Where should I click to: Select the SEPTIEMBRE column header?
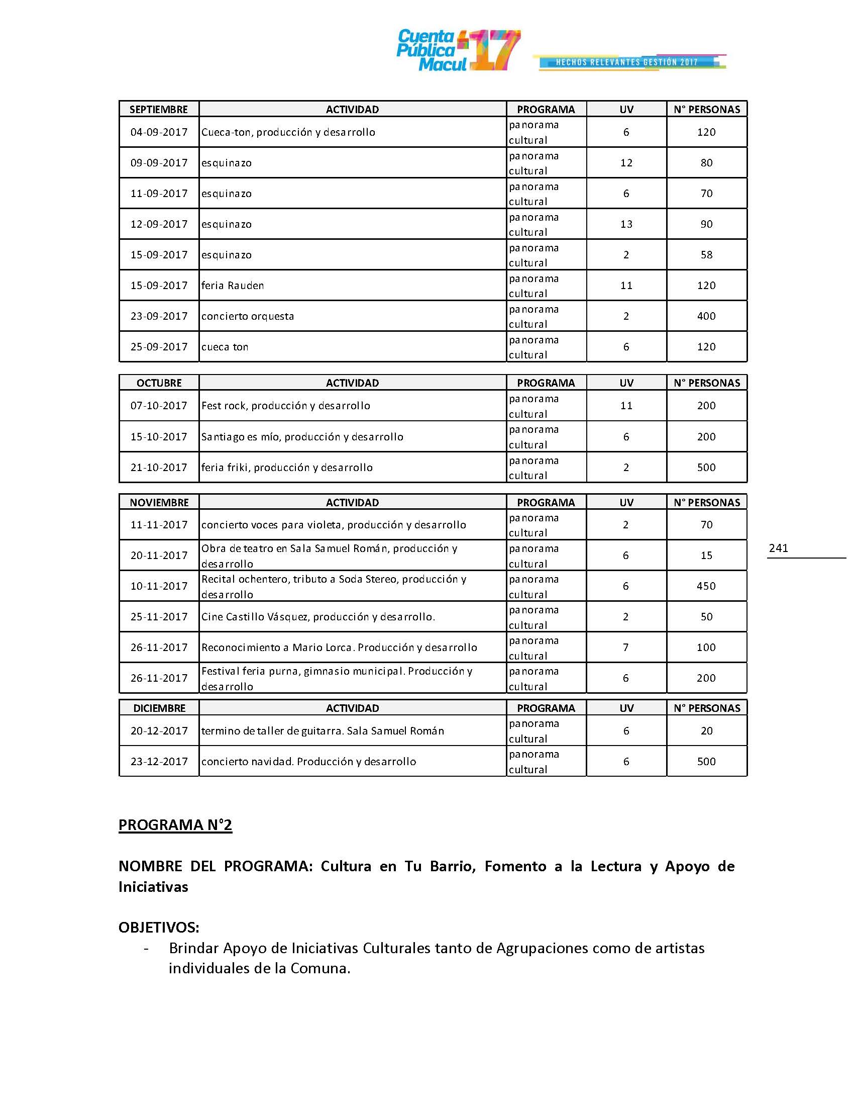tap(158, 110)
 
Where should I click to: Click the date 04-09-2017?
tap(159, 132)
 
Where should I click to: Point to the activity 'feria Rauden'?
tap(233, 286)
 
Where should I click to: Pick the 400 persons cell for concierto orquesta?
tap(706, 316)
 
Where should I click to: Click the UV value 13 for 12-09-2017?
tap(626, 224)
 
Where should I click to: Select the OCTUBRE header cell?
tap(159, 383)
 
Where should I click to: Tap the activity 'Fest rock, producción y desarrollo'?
tap(286, 406)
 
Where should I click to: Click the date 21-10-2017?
tap(159, 468)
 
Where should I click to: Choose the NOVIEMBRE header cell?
tap(159, 502)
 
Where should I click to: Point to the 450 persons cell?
tap(706, 586)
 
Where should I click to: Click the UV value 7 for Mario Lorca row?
tap(626, 647)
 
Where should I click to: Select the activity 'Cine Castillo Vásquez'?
tap(318, 617)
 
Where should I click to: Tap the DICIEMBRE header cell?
tap(159, 708)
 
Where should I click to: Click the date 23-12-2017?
tap(159, 762)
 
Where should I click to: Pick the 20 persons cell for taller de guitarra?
tap(706, 731)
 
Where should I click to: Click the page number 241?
tap(778, 548)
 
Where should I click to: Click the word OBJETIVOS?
tap(158, 927)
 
